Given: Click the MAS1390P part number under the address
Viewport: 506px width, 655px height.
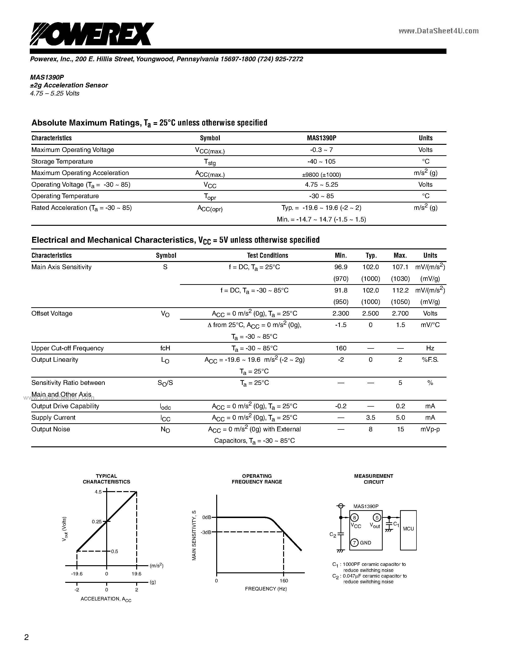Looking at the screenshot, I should click(x=47, y=77).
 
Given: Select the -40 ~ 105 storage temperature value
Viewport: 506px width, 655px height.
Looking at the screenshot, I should click(x=321, y=161).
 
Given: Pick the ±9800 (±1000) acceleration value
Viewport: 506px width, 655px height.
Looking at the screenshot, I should click(x=321, y=175).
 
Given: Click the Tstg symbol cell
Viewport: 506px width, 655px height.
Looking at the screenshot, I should click(x=210, y=162).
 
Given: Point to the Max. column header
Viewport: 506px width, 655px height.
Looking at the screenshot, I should click(x=400, y=256).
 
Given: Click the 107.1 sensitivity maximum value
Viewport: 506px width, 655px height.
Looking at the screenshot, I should click(x=400, y=267).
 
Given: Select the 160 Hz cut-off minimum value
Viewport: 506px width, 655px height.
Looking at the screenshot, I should click(x=341, y=348).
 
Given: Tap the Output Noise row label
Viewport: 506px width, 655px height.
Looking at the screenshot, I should click(x=51, y=429).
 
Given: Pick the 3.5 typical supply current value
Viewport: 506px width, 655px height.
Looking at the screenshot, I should click(x=371, y=418).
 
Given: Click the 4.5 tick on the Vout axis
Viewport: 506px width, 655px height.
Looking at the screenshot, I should click(x=98, y=492).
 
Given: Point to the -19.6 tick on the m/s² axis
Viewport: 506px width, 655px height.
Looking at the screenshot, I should click(x=77, y=574).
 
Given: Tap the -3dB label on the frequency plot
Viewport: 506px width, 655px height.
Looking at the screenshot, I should click(x=206, y=532).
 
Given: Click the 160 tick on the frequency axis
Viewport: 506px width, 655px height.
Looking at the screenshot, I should click(x=284, y=581).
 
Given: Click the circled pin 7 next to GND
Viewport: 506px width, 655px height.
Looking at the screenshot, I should click(x=354, y=543).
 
